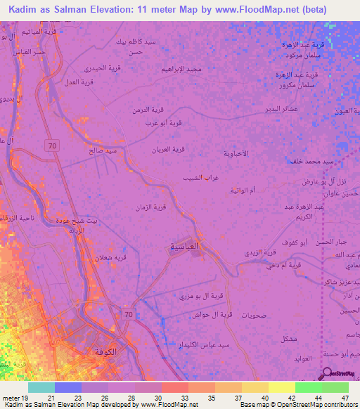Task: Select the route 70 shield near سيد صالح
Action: coord(52,145)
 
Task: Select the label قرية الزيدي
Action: coord(269,250)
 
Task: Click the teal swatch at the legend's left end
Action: coord(41,387)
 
